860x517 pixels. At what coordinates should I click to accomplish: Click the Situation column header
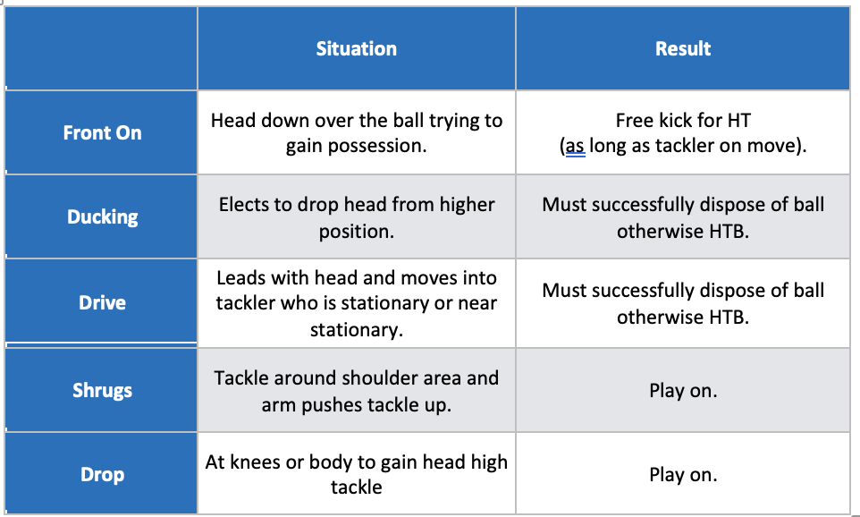[357, 49]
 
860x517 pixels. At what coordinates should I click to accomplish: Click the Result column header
[683, 49]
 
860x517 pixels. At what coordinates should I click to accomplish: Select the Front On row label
[102, 132]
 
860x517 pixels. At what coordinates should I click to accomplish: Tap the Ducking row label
[102, 216]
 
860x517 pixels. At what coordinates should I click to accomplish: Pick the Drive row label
[102, 303]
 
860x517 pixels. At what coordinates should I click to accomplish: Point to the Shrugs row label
[102, 391]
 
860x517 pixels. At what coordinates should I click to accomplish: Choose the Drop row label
[102, 475]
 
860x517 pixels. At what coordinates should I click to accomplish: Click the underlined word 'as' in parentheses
[576, 146]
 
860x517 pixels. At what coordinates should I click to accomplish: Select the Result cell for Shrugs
[683, 391]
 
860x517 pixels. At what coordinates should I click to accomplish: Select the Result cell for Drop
[683, 475]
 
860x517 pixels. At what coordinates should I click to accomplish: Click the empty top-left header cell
[101, 48]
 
